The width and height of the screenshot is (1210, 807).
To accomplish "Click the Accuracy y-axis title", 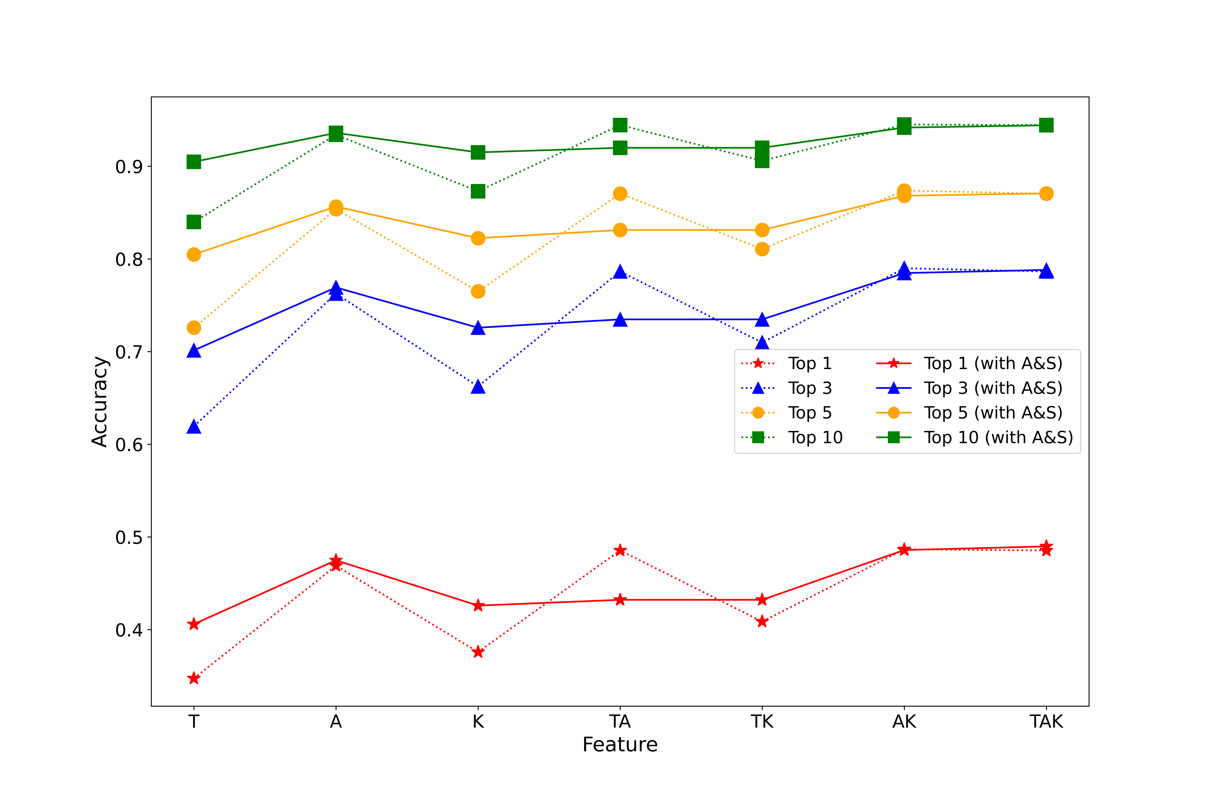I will tap(99, 401).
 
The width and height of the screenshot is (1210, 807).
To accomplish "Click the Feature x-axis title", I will tap(620, 745).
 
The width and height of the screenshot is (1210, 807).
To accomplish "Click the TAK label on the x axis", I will tap(1046, 722).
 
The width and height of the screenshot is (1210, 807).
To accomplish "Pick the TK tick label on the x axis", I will tap(762, 722).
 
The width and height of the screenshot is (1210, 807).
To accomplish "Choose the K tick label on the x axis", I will tap(478, 722).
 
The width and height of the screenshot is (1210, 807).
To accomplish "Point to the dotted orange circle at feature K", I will tap(478, 291).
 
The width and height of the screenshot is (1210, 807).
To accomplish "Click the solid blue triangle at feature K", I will tap(478, 328).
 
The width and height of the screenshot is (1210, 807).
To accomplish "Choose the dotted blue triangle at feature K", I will tap(478, 387).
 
